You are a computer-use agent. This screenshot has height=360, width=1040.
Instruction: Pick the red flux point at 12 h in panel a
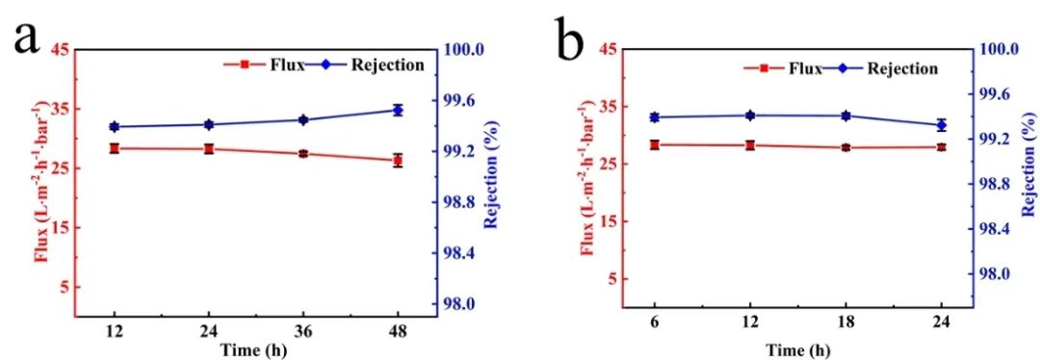[x=114, y=148]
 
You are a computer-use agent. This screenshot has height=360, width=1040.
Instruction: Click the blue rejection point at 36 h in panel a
[x=302, y=119]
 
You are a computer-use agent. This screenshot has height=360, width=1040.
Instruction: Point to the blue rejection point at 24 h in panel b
[x=941, y=125]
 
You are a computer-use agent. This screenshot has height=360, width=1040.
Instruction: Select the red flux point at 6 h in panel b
[x=655, y=144]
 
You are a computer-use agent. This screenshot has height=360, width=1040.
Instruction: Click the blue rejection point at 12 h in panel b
[x=750, y=116]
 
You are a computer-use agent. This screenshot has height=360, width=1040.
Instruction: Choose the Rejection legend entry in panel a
[x=382, y=64]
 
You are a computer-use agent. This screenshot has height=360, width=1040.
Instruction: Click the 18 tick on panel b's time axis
[x=845, y=322]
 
